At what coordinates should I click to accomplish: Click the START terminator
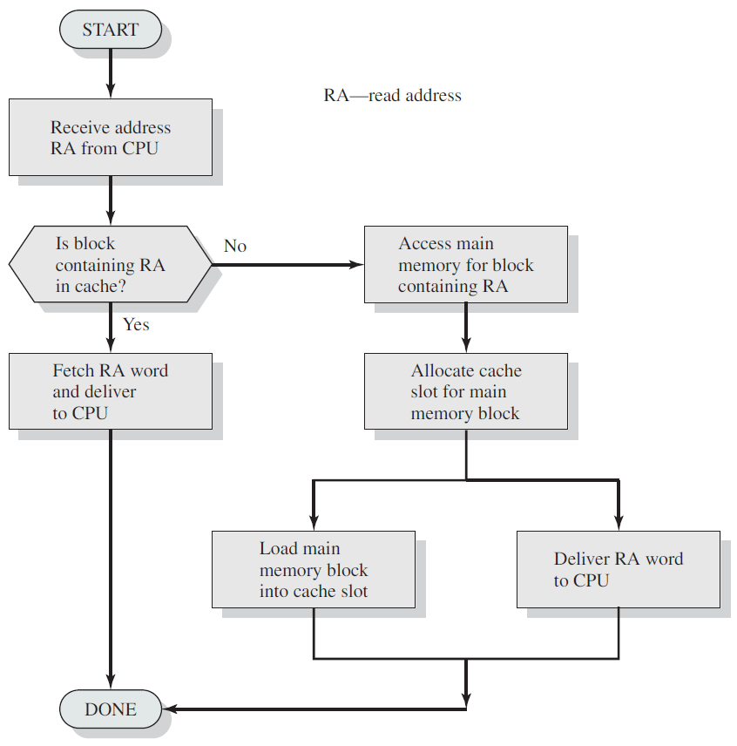111,30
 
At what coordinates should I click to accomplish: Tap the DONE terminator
111,709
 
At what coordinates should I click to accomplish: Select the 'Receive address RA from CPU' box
111,138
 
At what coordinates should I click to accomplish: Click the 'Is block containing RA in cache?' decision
111,264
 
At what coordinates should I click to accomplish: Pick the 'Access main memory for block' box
466,264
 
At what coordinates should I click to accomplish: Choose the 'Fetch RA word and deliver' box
111,391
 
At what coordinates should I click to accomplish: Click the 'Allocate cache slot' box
466,391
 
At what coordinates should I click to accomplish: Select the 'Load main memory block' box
314,569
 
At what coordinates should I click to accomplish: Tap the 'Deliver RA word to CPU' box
619,569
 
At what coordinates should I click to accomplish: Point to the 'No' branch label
235,246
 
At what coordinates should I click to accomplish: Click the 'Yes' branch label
136,324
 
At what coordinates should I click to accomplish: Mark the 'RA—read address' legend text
392,95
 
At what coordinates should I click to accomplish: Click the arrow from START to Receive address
111,74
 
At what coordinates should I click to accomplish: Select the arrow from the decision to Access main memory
288,265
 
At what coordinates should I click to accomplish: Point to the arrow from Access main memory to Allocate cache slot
466,328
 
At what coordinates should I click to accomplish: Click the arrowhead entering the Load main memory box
314,524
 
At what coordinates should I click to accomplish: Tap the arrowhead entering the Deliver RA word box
619,524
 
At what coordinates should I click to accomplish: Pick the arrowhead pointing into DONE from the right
169,709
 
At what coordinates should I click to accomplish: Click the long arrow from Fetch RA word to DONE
111,559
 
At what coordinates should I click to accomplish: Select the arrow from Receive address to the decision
111,200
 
